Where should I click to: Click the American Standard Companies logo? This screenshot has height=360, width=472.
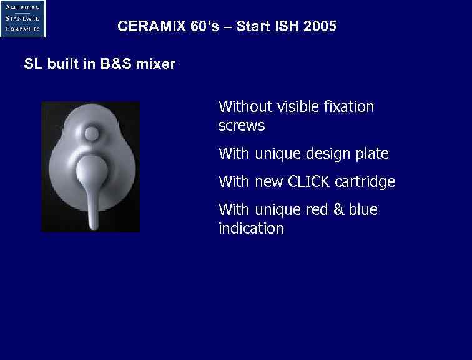pos(22,18)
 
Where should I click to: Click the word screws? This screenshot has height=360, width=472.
pos(242,126)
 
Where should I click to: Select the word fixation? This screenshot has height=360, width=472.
pos(349,107)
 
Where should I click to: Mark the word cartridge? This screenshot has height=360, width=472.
pos(365,182)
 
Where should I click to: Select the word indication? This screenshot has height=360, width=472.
pos(250,229)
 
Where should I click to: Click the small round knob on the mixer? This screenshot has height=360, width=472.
pos(92,134)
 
